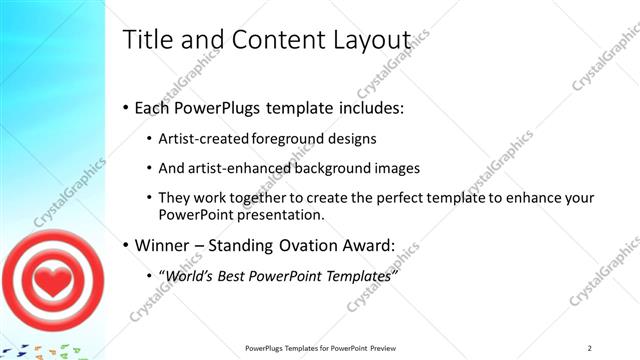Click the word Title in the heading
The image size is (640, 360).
[x=146, y=40]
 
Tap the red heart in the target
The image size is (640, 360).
[x=50, y=282]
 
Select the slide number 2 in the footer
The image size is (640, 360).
[x=589, y=348]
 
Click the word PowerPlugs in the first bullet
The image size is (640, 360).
[x=214, y=107]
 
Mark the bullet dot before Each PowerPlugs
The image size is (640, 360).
[x=125, y=108]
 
